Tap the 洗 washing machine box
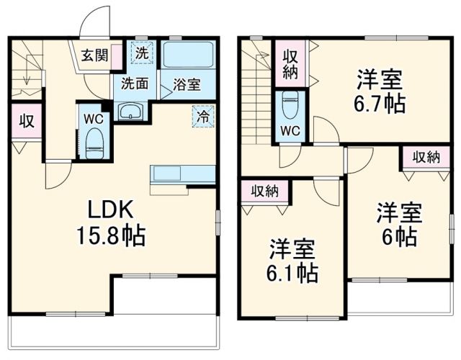click(142, 53)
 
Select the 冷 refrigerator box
click(202, 115)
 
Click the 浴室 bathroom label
click(187, 84)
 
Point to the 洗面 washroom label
click(135, 84)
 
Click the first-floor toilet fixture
click(94, 141)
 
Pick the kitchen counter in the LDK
click(182, 175)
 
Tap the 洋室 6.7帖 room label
click(378, 90)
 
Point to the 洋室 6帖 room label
click(398, 224)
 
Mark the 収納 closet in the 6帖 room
click(426, 158)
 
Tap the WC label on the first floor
click(94, 117)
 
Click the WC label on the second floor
click(291, 130)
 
